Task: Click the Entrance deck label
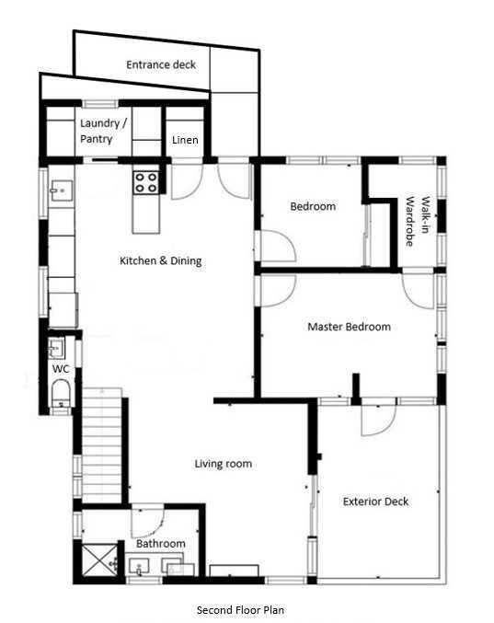(x=161, y=64)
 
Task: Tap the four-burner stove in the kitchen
(x=145, y=183)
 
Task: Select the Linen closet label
(x=185, y=140)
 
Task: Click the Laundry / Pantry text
(x=103, y=131)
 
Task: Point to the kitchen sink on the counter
(x=62, y=190)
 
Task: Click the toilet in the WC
(x=61, y=393)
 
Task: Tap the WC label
(x=61, y=369)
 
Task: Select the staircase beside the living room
(x=102, y=445)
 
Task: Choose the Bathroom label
(x=161, y=543)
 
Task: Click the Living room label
(x=224, y=464)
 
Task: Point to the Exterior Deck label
(x=375, y=502)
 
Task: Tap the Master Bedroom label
(x=349, y=327)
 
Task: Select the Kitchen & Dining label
(x=160, y=260)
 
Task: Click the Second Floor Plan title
(x=240, y=609)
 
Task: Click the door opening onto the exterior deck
(x=378, y=420)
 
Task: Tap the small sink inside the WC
(x=56, y=348)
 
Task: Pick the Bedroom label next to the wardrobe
(x=313, y=206)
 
